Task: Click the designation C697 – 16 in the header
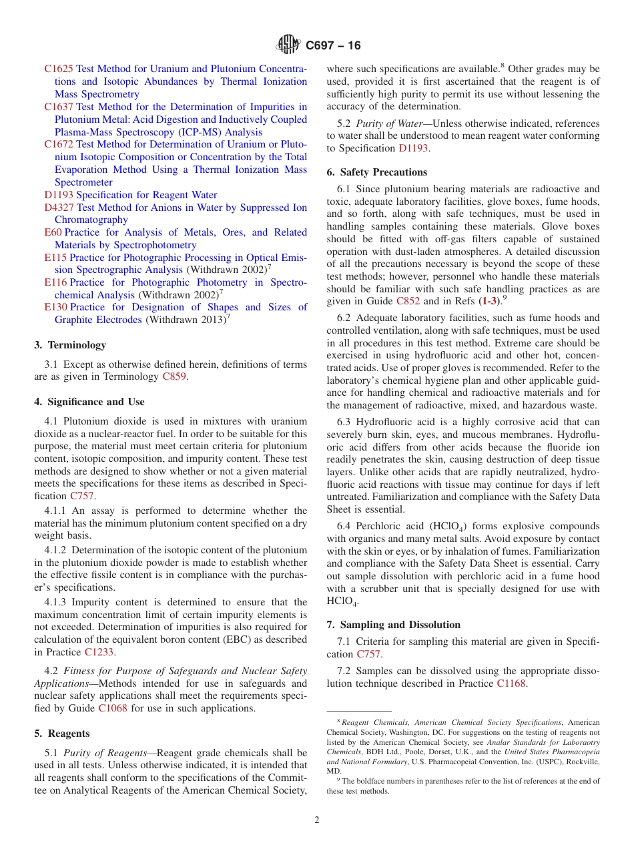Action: pyautogui.click(x=333, y=45)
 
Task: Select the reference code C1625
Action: pyautogui.click(x=59, y=69)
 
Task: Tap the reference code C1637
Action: pyautogui.click(x=59, y=107)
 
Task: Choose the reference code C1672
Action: pyautogui.click(x=59, y=144)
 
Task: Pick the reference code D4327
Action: pyautogui.click(x=59, y=208)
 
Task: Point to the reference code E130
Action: pyautogui.click(x=55, y=307)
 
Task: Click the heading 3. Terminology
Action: pyautogui.click(x=70, y=345)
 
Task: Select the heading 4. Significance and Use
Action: pyautogui.click(x=89, y=402)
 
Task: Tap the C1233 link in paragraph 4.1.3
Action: pyautogui.click(x=99, y=652)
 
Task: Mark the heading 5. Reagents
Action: pyautogui.click(x=61, y=734)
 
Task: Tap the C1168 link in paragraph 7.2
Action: pyautogui.click(x=511, y=683)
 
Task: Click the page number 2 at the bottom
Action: pyautogui.click(x=317, y=820)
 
